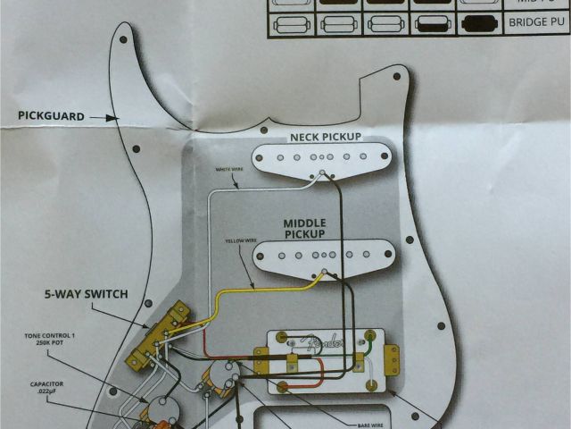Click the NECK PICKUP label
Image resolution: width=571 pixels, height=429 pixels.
(x=324, y=137)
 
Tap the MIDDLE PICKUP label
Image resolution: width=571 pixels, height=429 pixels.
(x=305, y=228)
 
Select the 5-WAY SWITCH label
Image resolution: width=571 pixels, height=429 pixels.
(x=87, y=294)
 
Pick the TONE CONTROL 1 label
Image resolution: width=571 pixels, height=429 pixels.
(x=53, y=341)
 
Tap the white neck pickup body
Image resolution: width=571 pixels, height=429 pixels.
(x=321, y=158)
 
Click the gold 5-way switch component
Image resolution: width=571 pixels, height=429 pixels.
(x=161, y=335)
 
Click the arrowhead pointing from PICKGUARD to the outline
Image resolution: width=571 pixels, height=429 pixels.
(x=113, y=116)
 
